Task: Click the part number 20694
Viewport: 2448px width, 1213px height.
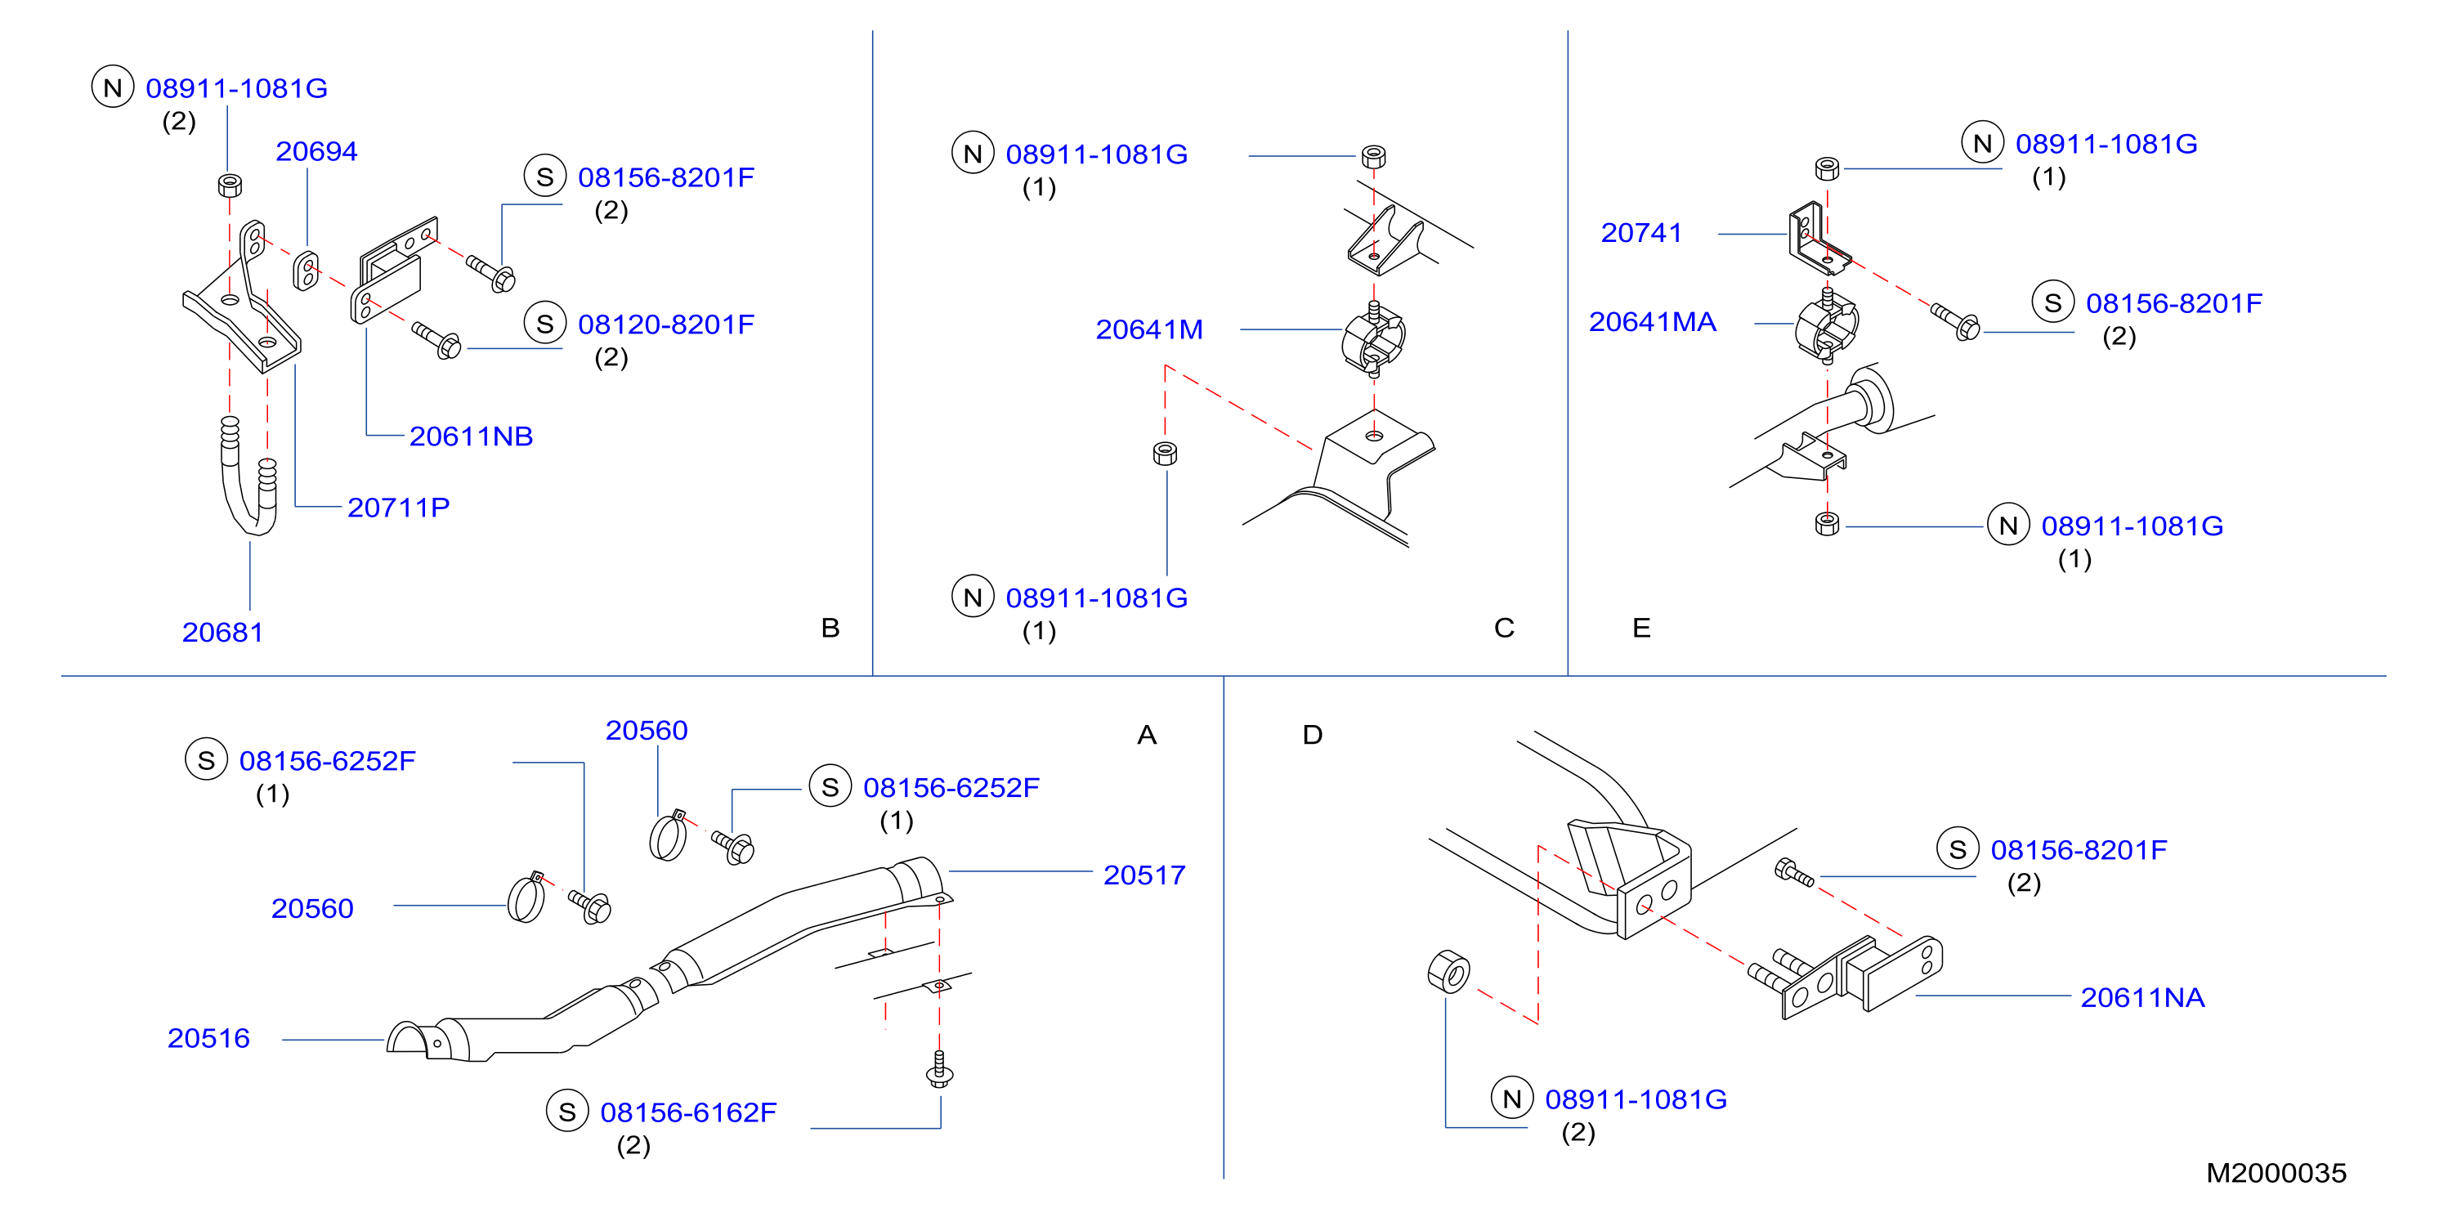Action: point(316,151)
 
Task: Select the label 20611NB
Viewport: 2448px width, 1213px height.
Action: point(471,436)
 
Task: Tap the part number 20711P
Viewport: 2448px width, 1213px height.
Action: point(398,508)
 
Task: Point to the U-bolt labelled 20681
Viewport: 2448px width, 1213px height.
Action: point(249,476)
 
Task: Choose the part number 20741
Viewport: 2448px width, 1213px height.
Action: point(1641,233)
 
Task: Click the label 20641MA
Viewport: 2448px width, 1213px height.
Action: point(1653,322)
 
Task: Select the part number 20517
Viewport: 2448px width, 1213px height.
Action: point(1144,875)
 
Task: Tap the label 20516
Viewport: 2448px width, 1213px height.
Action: point(208,1038)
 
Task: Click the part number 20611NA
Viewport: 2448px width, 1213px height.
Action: point(2142,997)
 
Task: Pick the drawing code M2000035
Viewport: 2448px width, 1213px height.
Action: point(2276,1173)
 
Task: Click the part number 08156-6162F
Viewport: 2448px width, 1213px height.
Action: point(688,1112)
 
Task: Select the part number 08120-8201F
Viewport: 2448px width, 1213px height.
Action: point(666,325)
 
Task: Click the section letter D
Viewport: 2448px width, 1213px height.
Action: point(1313,735)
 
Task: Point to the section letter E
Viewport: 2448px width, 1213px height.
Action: point(1641,628)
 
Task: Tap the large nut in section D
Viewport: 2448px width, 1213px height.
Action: point(1448,970)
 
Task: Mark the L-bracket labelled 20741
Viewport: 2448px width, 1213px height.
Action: point(1818,238)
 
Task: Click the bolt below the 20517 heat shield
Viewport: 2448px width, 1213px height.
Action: point(939,1069)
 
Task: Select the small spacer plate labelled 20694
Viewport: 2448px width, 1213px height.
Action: point(306,271)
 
